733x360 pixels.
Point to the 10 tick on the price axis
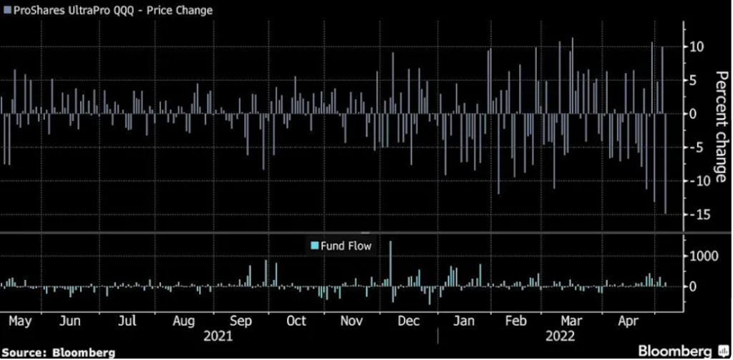[x=696, y=47]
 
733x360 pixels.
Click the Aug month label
[x=184, y=320]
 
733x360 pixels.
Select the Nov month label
[x=351, y=320]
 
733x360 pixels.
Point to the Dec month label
[x=408, y=320]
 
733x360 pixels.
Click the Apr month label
[x=627, y=320]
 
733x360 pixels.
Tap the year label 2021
[x=218, y=335]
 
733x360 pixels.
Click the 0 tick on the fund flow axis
[x=693, y=286]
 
